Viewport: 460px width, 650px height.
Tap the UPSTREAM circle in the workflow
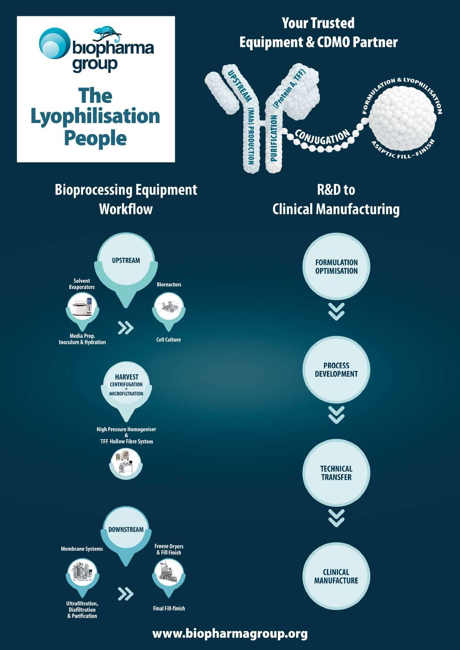click(126, 261)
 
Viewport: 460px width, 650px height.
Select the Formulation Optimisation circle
click(336, 267)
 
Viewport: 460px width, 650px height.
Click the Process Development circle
click(336, 370)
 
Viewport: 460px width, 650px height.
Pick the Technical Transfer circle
click(336, 473)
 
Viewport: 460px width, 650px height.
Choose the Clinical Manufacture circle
click(336, 576)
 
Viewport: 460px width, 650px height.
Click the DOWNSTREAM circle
click(126, 530)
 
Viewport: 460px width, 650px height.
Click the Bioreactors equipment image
click(169, 308)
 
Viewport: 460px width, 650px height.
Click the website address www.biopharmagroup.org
click(230, 633)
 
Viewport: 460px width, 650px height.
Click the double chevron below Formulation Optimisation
click(336, 312)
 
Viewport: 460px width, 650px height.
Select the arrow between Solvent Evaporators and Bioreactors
click(125, 328)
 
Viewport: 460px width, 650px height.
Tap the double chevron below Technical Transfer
click(336, 518)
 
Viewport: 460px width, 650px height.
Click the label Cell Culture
click(168, 339)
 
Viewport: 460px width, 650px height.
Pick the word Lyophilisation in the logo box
click(95, 116)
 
